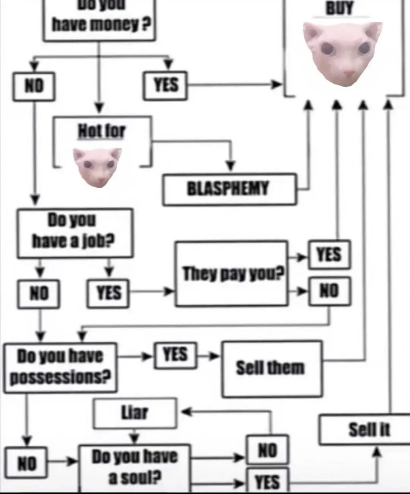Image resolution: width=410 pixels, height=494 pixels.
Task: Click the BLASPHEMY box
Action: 229,189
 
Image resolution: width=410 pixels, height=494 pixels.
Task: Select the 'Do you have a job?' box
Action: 75,232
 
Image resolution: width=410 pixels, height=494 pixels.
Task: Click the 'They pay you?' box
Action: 232,273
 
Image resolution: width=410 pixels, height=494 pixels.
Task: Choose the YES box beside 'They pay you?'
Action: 329,255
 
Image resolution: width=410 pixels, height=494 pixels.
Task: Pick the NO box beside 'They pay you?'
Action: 329,290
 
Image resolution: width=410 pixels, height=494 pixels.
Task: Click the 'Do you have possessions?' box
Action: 60,367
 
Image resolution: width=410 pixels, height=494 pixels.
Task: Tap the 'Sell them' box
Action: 272,368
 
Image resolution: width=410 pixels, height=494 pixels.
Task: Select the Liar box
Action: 135,413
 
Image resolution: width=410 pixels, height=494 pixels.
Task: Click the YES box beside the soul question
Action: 267,481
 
